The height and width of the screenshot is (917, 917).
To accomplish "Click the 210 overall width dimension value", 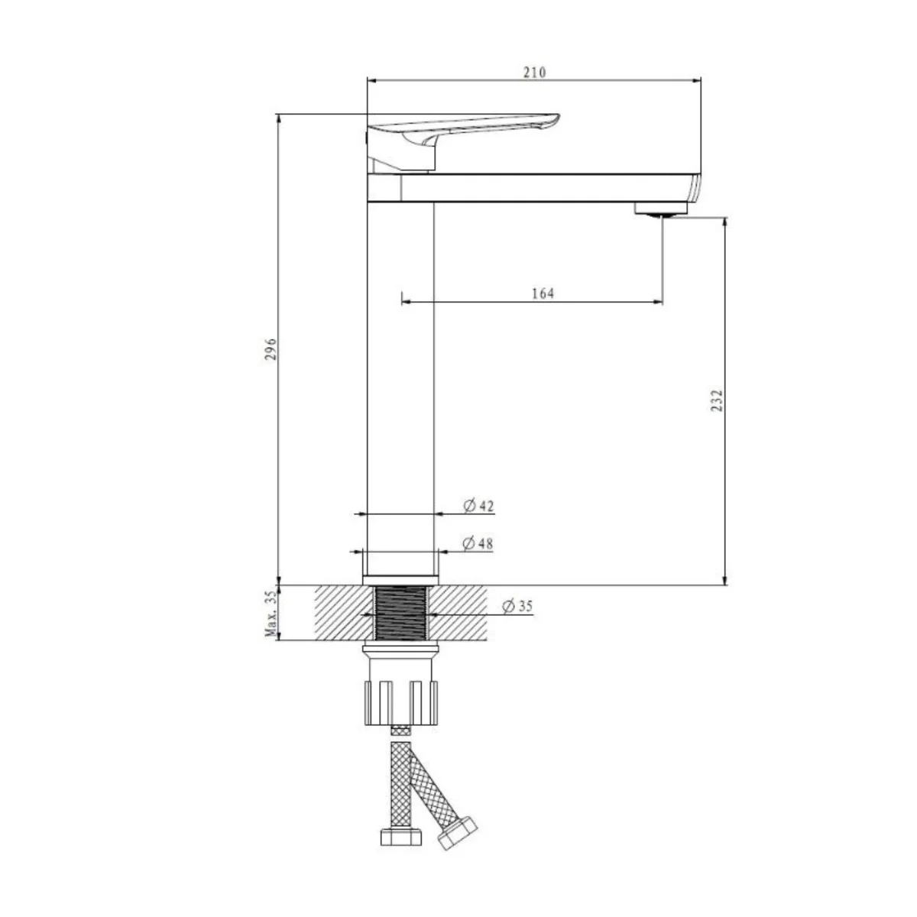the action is coord(535,73).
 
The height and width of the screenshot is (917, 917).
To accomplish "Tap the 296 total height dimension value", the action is coord(271,348).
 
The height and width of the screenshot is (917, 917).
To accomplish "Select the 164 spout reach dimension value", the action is coord(543,293).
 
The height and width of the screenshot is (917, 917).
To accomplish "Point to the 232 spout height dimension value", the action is coord(717,400).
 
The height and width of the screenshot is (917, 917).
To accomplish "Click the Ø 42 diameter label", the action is coord(478,505).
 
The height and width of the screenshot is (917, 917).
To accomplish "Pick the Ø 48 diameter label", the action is coord(478,543).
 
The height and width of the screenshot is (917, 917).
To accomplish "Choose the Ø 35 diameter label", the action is coord(517,606).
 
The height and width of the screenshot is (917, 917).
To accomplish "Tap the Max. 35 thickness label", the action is coord(271,614).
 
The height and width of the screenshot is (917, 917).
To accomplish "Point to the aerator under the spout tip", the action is coord(661,209).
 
